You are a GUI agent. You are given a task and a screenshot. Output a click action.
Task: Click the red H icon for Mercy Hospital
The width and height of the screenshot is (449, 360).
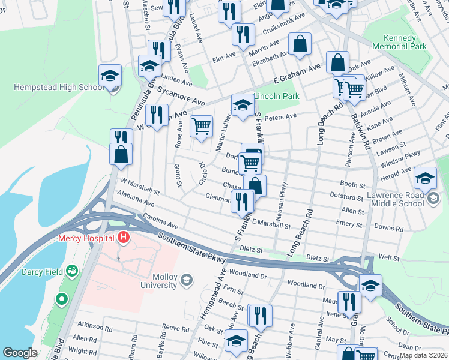pos(124,238)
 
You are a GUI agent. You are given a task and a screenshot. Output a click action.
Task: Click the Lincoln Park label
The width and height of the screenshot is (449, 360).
pos(276,96)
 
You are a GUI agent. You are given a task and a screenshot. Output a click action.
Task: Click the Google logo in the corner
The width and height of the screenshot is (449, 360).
pos(20,353)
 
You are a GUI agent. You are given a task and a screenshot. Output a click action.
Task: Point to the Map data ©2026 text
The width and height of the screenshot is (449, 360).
pos(423,355)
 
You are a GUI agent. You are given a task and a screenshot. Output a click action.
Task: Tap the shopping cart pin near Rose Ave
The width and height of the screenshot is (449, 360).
pos(201,127)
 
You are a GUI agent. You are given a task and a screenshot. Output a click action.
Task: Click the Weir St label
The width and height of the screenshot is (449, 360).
pos(389,256)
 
